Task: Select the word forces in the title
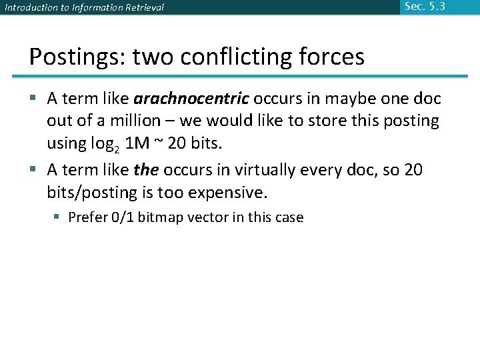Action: (331, 57)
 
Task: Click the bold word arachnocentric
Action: (191, 99)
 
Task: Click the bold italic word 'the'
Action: (145, 170)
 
